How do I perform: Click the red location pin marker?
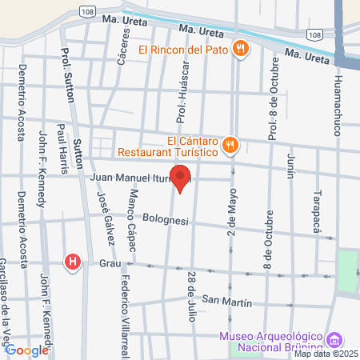click(x=181, y=178)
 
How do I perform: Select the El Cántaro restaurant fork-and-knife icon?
click(x=230, y=144)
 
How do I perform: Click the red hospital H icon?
click(x=74, y=262)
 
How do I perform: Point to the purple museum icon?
click(x=334, y=339)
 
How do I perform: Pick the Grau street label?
click(x=109, y=262)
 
